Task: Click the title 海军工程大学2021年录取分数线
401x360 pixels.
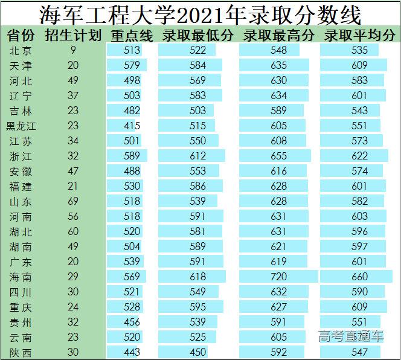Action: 200,13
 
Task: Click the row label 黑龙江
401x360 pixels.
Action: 21,126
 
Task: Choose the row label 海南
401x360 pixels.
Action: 21,277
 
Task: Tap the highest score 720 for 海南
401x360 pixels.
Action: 279,277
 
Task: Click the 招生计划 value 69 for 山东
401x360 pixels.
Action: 73,201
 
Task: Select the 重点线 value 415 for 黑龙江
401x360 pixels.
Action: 132,126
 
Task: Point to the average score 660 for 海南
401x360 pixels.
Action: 359,277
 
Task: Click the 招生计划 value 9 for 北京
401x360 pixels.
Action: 73,50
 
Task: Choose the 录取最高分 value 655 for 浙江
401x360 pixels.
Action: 279,156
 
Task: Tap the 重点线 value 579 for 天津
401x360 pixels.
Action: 132,65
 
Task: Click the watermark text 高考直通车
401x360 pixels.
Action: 351,336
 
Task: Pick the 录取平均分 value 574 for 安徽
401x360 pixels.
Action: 359,171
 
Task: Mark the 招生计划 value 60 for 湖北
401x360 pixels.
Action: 73,231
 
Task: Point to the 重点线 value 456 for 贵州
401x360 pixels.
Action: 132,323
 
